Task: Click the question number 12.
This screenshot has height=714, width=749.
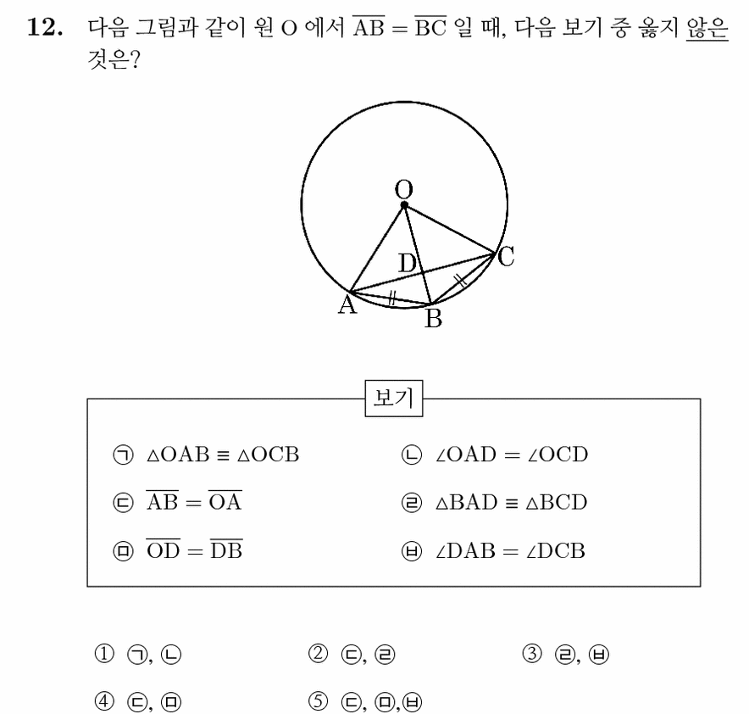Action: (x=44, y=27)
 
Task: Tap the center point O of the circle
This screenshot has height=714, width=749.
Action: (x=404, y=205)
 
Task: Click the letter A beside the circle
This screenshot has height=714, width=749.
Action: (x=347, y=304)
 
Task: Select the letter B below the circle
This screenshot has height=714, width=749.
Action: (x=433, y=318)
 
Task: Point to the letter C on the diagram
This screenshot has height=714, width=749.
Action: (x=506, y=256)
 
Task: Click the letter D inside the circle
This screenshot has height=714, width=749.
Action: (x=407, y=264)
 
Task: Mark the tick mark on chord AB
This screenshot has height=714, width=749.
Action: (x=391, y=298)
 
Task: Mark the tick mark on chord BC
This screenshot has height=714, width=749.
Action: (x=460, y=280)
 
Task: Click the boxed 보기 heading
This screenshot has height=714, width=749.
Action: (x=394, y=398)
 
